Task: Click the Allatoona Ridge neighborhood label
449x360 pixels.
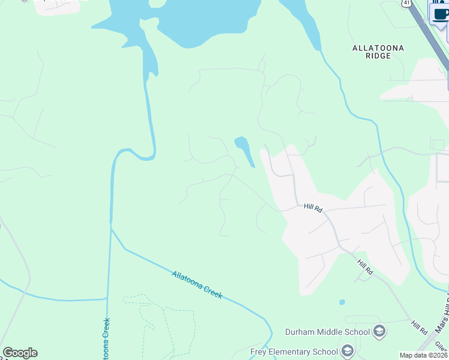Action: tap(378, 52)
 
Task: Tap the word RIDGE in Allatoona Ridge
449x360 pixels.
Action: tap(378, 56)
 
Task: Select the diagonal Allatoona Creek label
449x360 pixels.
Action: tap(197, 284)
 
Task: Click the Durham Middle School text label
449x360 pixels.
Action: tap(327, 332)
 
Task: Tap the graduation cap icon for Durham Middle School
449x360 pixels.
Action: tap(379, 331)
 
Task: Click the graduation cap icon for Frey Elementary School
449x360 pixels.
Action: tap(347, 351)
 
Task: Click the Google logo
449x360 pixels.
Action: tap(20, 353)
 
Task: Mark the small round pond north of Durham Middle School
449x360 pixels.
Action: tap(342, 302)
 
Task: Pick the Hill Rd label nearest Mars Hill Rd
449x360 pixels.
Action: tap(419, 328)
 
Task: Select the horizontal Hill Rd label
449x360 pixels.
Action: tap(313, 208)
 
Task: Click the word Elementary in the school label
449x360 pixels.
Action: tap(294, 352)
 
